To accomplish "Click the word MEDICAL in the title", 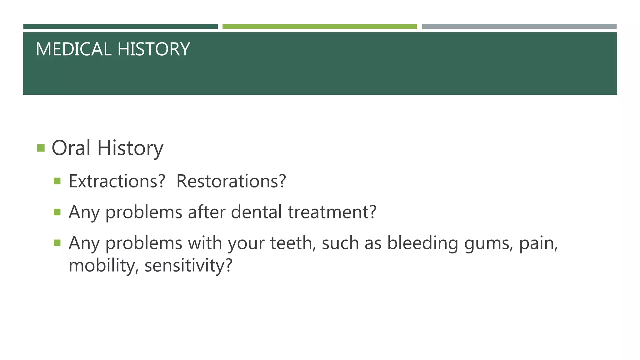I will click(x=73, y=49).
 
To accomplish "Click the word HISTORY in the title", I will click(x=153, y=49).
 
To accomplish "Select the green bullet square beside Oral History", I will click(x=41, y=147).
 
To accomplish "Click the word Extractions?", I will click(x=117, y=181).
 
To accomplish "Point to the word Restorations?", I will click(x=231, y=181).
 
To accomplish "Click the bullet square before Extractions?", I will click(x=57, y=181).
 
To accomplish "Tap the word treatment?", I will click(x=332, y=212).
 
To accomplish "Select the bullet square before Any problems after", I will click(x=57, y=212).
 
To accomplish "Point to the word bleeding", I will click(x=422, y=243).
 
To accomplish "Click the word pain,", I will click(x=538, y=243).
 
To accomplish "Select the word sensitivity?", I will click(x=188, y=266).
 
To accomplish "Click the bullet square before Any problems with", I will click(x=57, y=243).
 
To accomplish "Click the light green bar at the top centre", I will click(x=319, y=27).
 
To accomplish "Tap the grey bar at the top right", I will click(x=519, y=27).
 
